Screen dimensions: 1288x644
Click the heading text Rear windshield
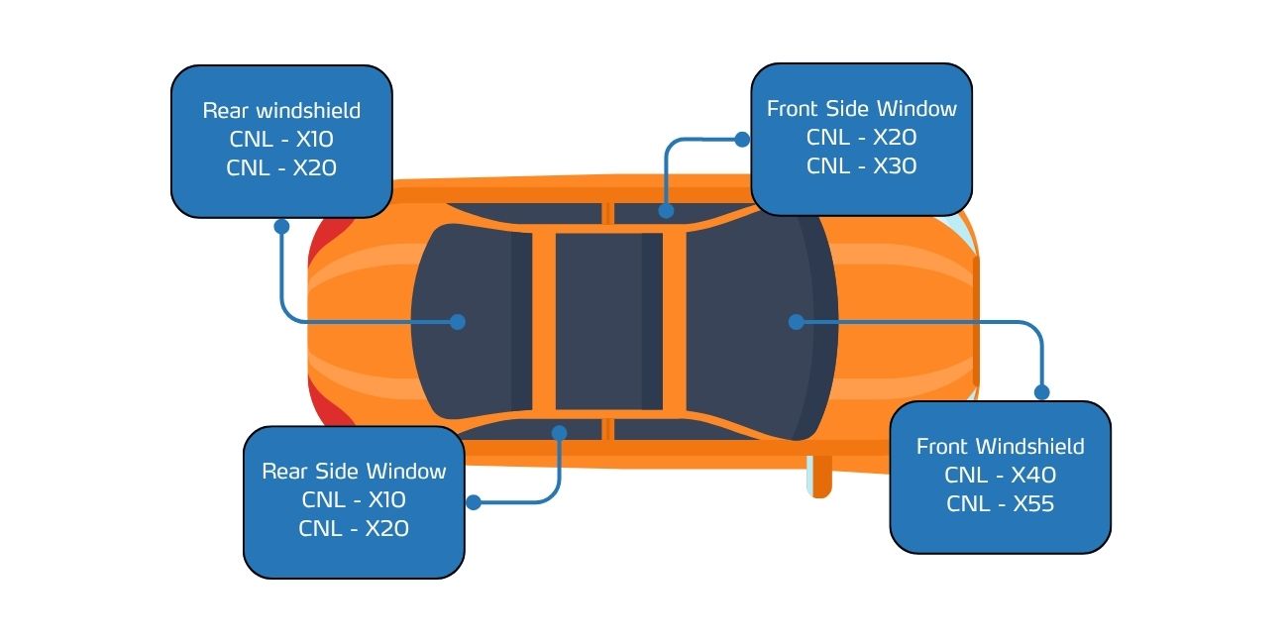click(x=281, y=110)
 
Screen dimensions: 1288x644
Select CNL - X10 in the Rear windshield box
click(x=281, y=139)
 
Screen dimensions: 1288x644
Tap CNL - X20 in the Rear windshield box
click(x=281, y=167)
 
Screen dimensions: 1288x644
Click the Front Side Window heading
click(x=862, y=109)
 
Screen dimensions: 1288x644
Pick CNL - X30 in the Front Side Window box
click(x=862, y=166)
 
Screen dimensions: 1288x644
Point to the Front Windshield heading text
click(x=1001, y=446)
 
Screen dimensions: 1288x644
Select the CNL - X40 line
click(x=1001, y=475)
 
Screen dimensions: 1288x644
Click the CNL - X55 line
click(x=1001, y=503)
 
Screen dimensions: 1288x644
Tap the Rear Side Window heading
click(x=355, y=472)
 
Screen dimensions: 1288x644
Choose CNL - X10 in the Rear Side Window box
click(x=355, y=500)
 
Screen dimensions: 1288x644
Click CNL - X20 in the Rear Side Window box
click(x=355, y=528)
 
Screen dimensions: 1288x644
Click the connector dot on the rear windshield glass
click(x=458, y=322)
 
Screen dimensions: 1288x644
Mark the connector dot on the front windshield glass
click(x=797, y=322)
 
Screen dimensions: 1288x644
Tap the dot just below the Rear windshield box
click(x=281, y=227)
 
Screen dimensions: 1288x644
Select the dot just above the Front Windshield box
click(x=1042, y=392)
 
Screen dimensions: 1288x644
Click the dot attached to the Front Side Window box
click(x=742, y=139)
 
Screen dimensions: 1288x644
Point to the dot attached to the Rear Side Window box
click(x=474, y=502)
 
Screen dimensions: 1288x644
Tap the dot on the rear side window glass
click(x=560, y=433)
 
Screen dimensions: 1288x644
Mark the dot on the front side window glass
click(x=666, y=211)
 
